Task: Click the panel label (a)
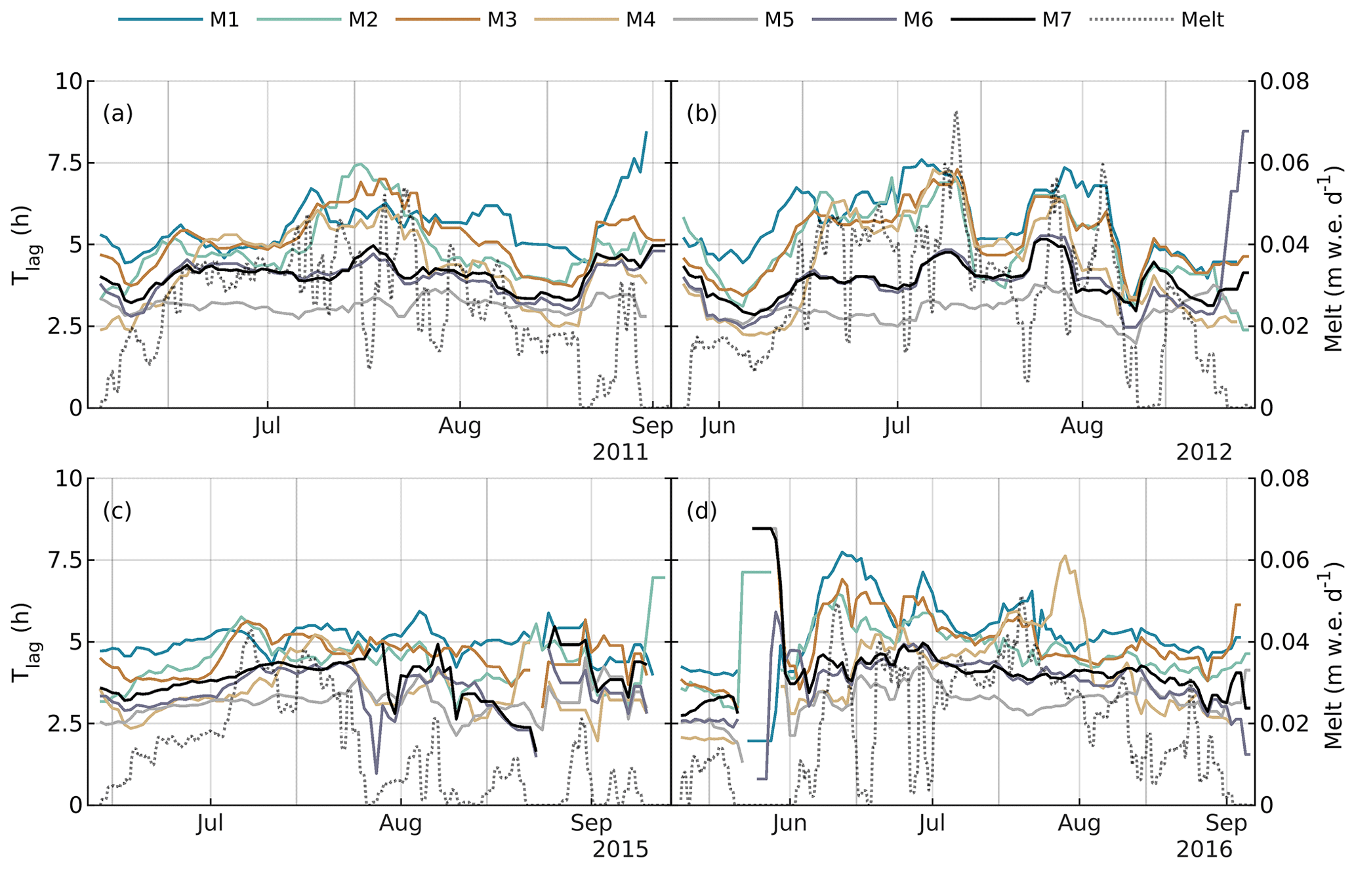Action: (x=117, y=114)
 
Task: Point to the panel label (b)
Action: (x=701, y=114)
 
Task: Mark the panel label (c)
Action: (x=117, y=511)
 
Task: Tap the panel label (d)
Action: (x=701, y=511)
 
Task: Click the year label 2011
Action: (x=620, y=453)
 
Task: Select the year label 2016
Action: (x=1204, y=850)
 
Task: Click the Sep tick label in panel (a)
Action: (x=652, y=427)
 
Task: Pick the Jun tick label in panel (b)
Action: (x=718, y=427)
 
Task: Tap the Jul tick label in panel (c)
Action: (x=211, y=823)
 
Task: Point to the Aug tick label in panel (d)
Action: (x=1079, y=823)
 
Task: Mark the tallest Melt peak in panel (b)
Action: (x=956, y=112)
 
